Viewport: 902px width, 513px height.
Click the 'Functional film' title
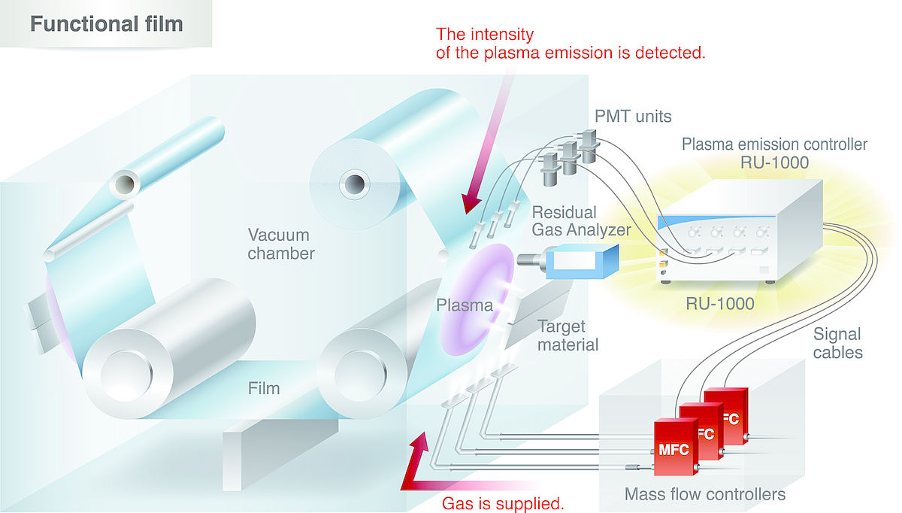click(106, 23)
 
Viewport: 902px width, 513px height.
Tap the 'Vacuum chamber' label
click(281, 243)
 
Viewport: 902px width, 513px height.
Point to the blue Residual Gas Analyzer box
click(579, 263)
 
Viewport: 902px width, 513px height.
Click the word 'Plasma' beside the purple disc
click(464, 306)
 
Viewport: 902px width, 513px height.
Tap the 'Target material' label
click(568, 336)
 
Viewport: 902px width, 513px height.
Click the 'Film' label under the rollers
click(264, 389)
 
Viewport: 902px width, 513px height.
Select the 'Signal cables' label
click(837, 342)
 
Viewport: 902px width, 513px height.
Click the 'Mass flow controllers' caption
click(705, 494)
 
